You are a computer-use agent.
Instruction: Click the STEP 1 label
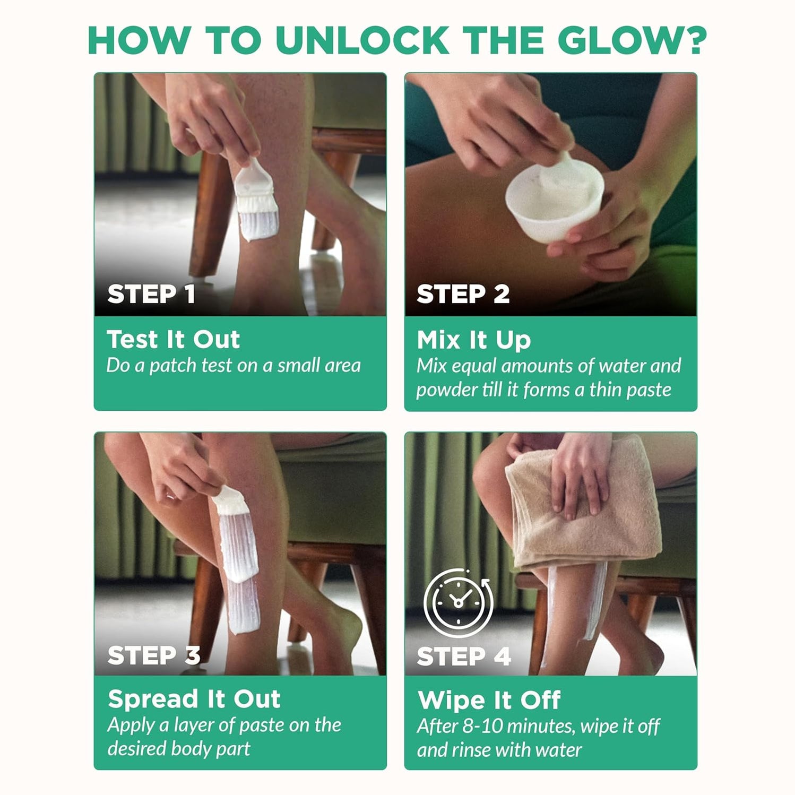pyautogui.click(x=151, y=294)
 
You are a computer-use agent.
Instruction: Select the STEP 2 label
pyautogui.click(x=463, y=294)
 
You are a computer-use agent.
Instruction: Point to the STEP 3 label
pyautogui.click(x=154, y=655)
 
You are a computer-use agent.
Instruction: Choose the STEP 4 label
pyautogui.click(x=464, y=656)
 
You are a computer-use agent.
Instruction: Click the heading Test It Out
pyautogui.click(x=174, y=340)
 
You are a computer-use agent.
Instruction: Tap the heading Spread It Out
pyautogui.click(x=194, y=699)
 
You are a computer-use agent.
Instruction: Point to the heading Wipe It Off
pyautogui.click(x=489, y=700)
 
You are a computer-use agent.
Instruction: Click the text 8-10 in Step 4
pyautogui.click(x=472, y=727)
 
